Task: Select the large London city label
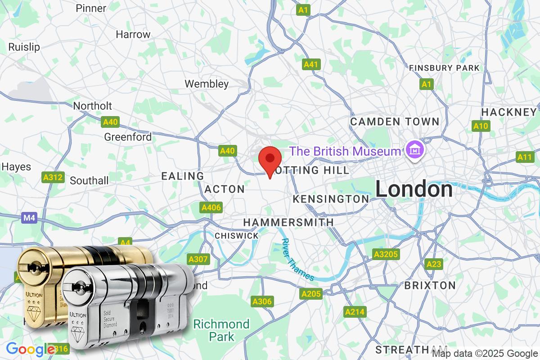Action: point(414,189)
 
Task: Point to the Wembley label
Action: point(207,84)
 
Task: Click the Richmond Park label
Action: point(221,330)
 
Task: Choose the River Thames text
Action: point(297,260)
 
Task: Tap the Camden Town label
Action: point(394,121)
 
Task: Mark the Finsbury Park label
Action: point(444,68)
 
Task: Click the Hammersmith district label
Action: point(288,222)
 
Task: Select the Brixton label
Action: point(430,285)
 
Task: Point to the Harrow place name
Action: point(133,34)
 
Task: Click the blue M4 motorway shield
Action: point(29,218)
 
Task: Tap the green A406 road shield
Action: point(211,207)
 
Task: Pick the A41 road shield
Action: point(311,65)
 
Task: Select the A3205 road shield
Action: point(386,255)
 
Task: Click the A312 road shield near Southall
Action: point(53,177)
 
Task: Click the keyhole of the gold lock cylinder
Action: point(32,269)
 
